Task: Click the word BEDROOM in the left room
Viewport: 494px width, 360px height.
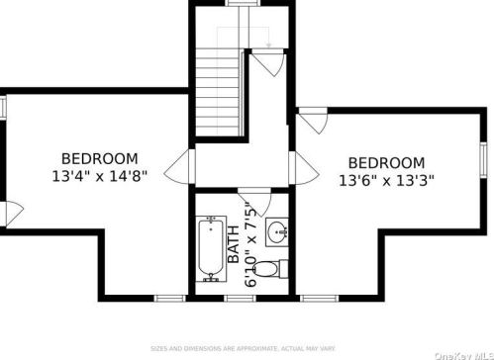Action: tap(99, 158)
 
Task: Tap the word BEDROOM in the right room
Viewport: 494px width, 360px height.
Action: tap(386, 163)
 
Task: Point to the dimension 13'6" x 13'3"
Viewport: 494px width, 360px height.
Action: tap(386, 181)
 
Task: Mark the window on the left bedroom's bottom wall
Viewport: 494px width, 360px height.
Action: tap(169, 296)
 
